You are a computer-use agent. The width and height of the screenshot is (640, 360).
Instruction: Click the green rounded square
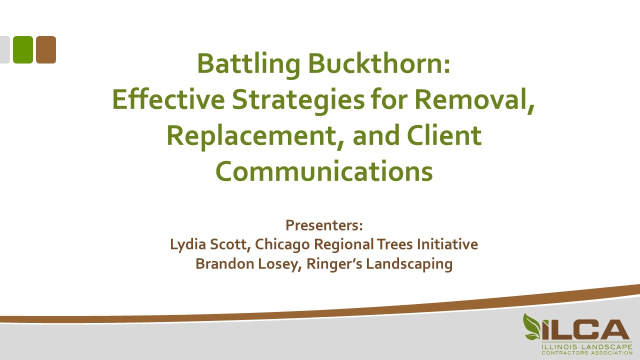[23, 49]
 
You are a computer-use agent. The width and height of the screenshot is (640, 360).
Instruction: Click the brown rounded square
[46, 49]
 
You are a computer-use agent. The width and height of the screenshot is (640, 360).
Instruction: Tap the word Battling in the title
[248, 64]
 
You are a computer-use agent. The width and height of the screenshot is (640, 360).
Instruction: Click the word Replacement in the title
[251, 136]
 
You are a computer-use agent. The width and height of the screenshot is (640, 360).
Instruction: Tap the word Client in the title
[444, 135]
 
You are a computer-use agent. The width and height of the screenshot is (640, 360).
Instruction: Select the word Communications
[324, 171]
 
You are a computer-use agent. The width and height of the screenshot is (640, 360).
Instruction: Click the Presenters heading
[324, 225]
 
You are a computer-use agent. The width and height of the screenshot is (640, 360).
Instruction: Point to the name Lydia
[188, 244]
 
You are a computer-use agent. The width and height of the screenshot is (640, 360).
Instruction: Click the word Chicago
[282, 245]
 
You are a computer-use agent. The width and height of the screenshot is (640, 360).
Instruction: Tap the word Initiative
[447, 244]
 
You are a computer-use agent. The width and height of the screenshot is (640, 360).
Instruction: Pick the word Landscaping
[409, 264]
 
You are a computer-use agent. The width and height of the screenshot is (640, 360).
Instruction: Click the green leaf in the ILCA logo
[531, 326]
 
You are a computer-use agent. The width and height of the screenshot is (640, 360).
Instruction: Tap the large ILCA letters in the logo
[585, 330]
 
